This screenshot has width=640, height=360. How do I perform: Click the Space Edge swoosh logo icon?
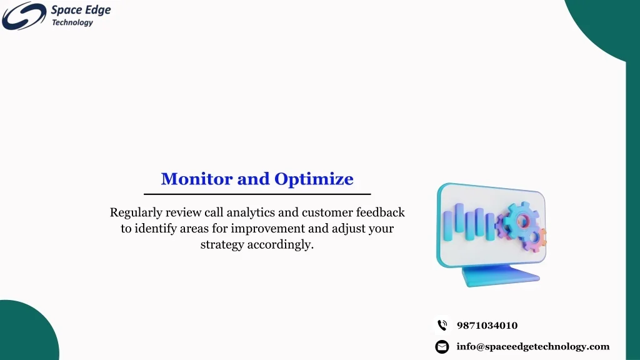click(24, 16)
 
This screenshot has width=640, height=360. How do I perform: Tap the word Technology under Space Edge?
click(72, 22)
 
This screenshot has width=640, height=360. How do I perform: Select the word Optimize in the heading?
click(314, 179)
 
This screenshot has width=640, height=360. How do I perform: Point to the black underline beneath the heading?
click(257, 194)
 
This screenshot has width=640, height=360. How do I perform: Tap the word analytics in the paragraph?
click(251, 212)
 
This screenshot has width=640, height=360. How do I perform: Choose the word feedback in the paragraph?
click(381, 212)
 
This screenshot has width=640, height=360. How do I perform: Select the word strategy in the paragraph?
click(222, 244)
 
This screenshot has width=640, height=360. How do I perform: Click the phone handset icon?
click(442, 325)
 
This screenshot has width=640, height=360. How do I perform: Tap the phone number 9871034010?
click(487, 325)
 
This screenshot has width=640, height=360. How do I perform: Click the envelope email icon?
click(442, 347)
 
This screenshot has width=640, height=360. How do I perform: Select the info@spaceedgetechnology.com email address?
click(533, 346)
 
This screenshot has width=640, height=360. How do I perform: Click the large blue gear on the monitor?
click(521, 222)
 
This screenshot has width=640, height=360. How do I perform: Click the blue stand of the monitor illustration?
click(501, 276)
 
